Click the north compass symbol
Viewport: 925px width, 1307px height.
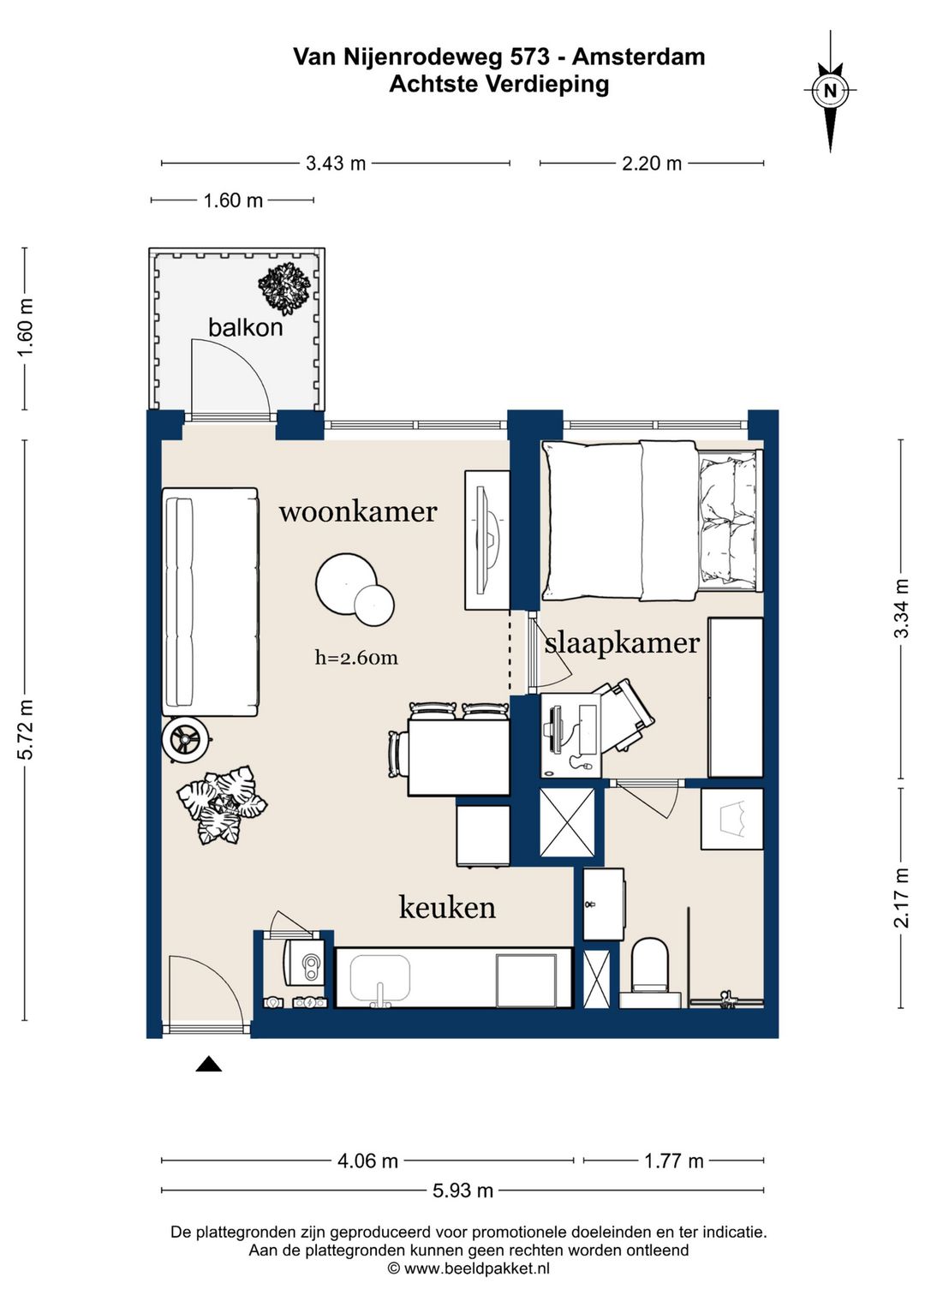coord(830,92)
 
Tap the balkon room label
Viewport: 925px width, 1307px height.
coord(245,328)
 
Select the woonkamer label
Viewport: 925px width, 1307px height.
coord(358,511)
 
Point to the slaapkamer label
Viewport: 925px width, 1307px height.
coord(622,643)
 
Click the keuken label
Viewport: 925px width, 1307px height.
coord(447,908)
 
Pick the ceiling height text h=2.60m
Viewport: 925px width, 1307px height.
coord(356,658)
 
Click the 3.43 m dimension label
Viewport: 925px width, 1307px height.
coord(336,164)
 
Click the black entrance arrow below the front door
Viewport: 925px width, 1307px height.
coord(208,1065)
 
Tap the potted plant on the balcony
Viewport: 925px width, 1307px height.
coord(284,288)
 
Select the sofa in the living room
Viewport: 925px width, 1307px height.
coord(210,602)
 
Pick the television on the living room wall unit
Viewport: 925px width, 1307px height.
coord(486,541)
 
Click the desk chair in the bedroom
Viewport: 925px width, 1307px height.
coord(626,717)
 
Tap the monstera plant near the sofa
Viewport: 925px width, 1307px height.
coord(223,806)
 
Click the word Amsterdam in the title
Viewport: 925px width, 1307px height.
coord(638,57)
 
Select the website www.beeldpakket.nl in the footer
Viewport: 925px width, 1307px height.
coord(476,1267)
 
